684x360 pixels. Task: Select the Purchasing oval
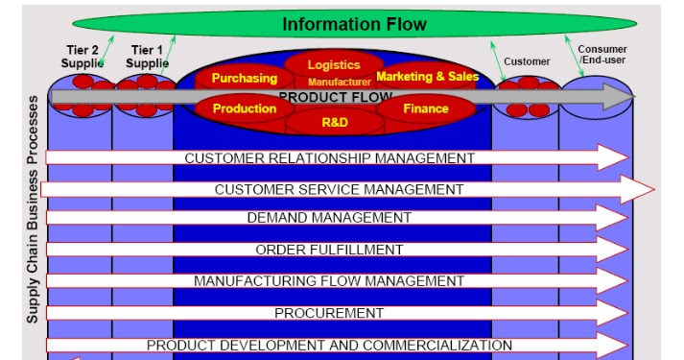[x=244, y=78]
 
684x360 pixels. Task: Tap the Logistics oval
[x=334, y=65]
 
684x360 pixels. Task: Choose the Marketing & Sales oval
[x=427, y=76]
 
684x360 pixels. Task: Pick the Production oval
[x=244, y=109]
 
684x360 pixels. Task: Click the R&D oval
[x=334, y=123]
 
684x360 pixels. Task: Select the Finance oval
[x=426, y=109]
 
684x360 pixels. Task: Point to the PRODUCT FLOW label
[x=335, y=97]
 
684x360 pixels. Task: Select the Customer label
[x=528, y=61]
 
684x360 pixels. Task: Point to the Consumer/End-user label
[x=601, y=55]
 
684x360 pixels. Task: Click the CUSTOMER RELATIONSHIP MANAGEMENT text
[x=329, y=158]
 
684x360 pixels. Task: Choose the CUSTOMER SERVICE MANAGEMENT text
[x=339, y=189]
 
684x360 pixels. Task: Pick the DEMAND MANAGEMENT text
[x=329, y=218]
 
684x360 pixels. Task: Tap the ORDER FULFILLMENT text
[x=329, y=250]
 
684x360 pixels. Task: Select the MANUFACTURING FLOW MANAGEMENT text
[x=329, y=281]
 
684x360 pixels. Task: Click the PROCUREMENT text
[x=329, y=313]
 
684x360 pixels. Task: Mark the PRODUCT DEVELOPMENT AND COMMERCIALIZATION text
[x=329, y=345]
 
